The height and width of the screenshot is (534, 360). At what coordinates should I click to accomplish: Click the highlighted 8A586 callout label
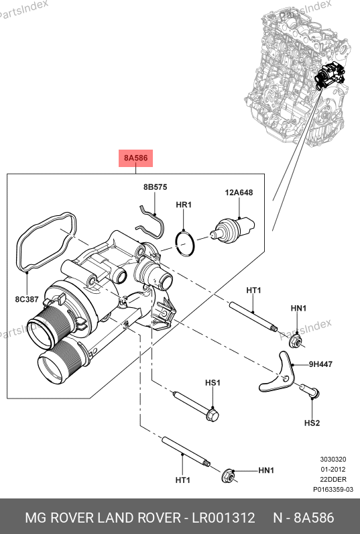(x=135, y=158)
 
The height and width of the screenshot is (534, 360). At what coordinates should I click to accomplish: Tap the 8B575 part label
(x=155, y=187)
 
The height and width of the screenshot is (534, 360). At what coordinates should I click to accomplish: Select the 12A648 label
(x=239, y=193)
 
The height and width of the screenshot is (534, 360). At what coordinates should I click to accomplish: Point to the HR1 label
(x=184, y=205)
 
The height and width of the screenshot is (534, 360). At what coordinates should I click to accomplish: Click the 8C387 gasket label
(x=27, y=299)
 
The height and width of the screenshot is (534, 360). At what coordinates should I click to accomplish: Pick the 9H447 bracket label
(x=320, y=364)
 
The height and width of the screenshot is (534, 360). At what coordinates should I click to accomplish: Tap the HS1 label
(x=213, y=383)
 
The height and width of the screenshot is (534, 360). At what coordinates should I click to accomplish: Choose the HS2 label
(x=312, y=423)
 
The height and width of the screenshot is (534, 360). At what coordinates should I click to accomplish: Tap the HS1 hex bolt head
(x=213, y=415)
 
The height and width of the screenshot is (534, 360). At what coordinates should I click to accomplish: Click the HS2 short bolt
(x=310, y=390)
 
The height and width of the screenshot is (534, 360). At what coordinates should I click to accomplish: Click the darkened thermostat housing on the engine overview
(x=329, y=75)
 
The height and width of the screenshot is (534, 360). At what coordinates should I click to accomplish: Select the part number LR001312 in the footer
(x=223, y=518)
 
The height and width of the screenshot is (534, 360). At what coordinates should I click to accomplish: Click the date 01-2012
(x=333, y=470)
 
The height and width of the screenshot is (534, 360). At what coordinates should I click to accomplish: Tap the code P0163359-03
(x=333, y=489)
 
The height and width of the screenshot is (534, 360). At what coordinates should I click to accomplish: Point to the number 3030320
(x=333, y=459)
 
